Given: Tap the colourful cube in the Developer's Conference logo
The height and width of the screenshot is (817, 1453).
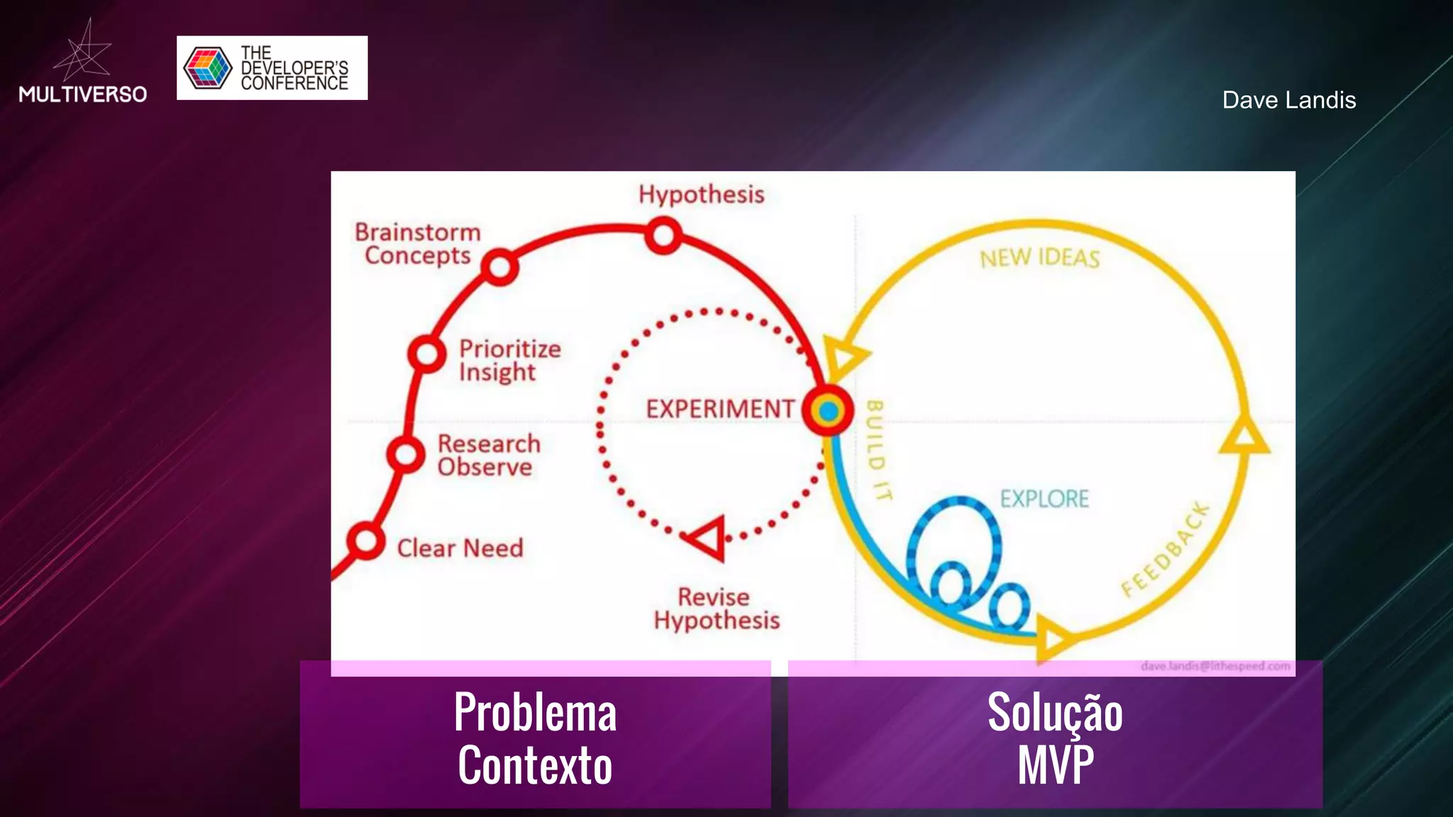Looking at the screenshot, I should pyautogui.click(x=207, y=68).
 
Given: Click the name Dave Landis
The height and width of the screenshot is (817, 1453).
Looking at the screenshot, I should pyautogui.click(x=1288, y=100).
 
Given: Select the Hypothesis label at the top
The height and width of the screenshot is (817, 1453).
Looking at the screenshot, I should pyautogui.click(x=701, y=194).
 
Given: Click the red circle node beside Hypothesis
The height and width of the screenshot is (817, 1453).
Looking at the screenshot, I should pyautogui.click(x=663, y=235).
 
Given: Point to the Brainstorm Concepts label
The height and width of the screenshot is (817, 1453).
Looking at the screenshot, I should pyautogui.click(x=418, y=244).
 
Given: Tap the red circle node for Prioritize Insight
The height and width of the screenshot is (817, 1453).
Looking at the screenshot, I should pyautogui.click(x=426, y=353).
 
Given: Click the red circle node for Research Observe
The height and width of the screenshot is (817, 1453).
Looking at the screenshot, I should pyautogui.click(x=405, y=454).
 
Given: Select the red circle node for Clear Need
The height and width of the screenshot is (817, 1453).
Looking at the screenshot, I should pyautogui.click(x=366, y=541).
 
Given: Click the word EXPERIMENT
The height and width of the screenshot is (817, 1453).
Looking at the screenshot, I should pyautogui.click(x=720, y=409).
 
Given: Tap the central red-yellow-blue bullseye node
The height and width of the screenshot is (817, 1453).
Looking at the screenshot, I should pyautogui.click(x=827, y=411).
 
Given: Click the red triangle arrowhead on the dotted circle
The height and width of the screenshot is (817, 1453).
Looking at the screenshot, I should pyautogui.click(x=707, y=538).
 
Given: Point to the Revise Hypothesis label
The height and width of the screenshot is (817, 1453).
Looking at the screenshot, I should pyautogui.click(x=716, y=608).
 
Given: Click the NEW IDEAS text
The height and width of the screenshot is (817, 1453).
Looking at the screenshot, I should pyautogui.click(x=1039, y=258).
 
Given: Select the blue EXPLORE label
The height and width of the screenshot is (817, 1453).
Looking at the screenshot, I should pyautogui.click(x=1044, y=499).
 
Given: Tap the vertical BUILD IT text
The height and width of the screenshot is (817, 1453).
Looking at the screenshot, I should pyautogui.click(x=878, y=450).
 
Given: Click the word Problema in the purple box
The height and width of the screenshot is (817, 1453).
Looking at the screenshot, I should pyautogui.click(x=535, y=712).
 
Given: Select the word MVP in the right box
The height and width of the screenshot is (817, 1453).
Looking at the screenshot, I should pyautogui.click(x=1055, y=765).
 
